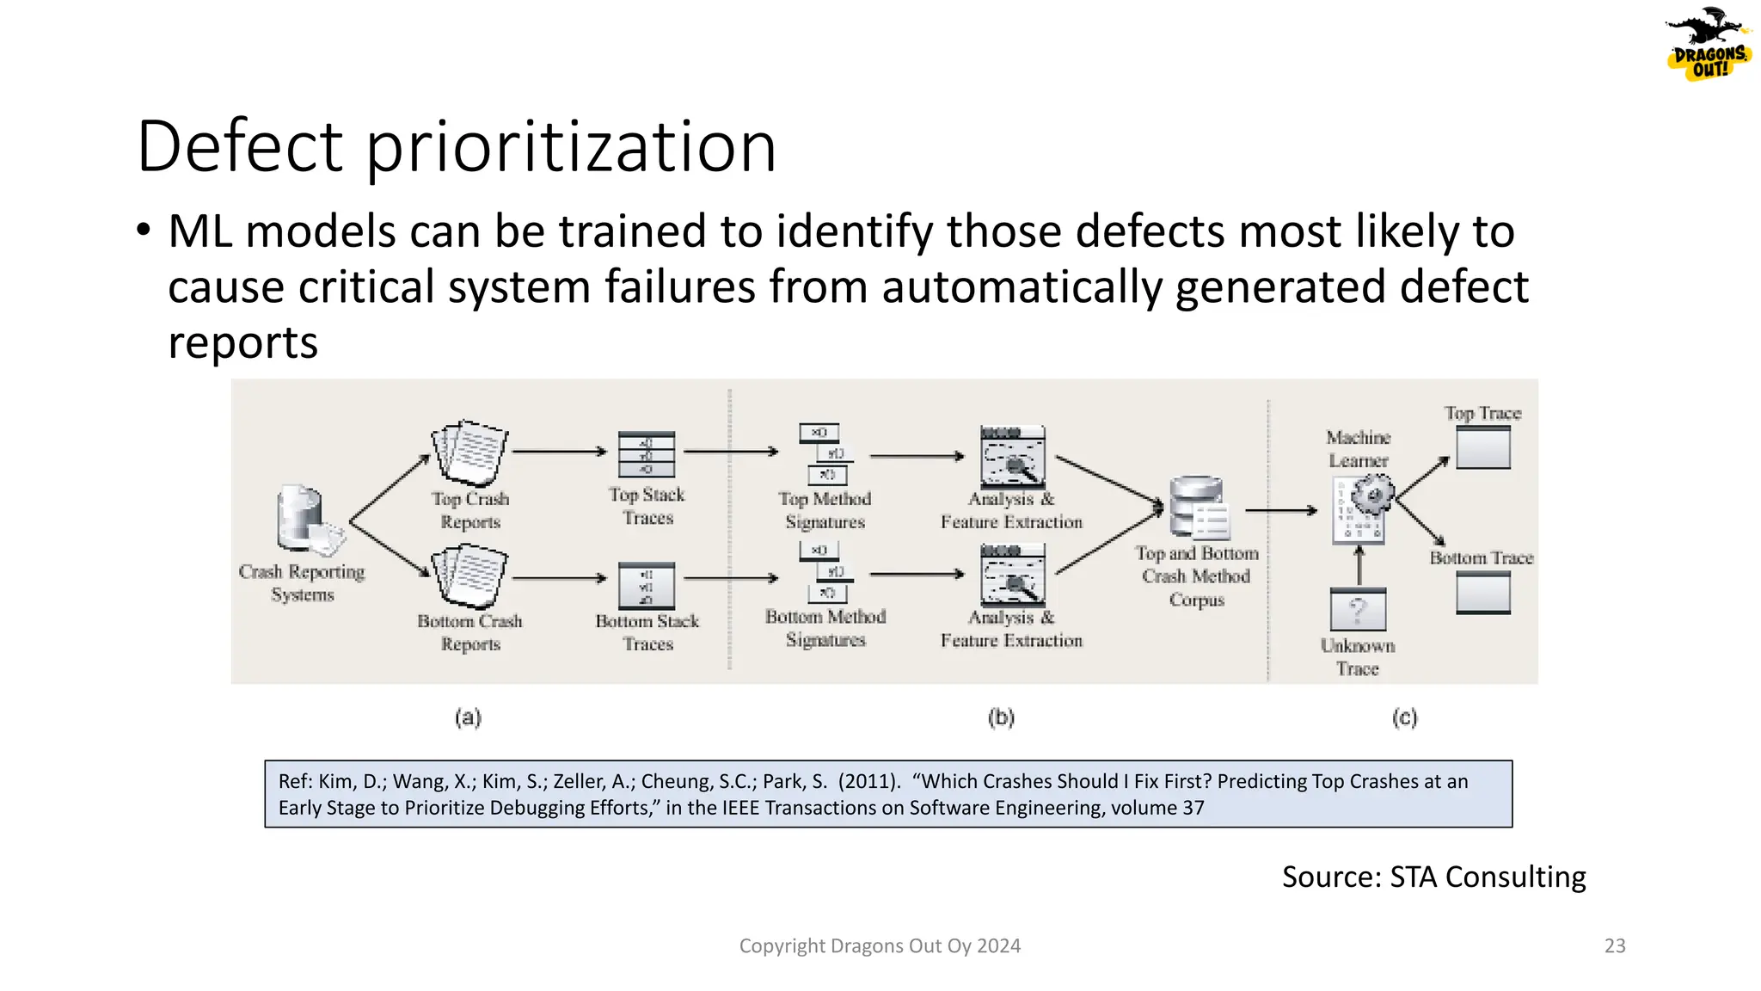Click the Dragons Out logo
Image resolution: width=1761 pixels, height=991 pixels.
[x=1709, y=45]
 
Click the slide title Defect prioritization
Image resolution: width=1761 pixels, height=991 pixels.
[x=457, y=146]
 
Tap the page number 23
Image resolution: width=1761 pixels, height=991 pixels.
[x=1615, y=946]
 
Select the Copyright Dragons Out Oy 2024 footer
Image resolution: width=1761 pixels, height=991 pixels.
[x=880, y=946]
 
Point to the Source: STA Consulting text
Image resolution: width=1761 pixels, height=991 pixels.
[x=1433, y=877]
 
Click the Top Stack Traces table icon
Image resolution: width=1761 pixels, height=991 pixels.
[x=647, y=454]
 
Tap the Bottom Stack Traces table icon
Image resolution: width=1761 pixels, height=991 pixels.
[x=647, y=585]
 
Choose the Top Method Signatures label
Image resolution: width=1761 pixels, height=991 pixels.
[x=825, y=510]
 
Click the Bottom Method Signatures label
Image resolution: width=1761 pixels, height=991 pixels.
[x=825, y=628]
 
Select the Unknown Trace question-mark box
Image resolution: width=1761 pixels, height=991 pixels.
[x=1358, y=611]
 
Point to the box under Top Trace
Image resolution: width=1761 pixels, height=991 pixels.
[x=1483, y=447]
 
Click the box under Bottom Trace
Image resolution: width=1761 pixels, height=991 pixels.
[x=1483, y=593]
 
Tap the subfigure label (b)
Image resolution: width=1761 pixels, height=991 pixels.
[x=1001, y=717]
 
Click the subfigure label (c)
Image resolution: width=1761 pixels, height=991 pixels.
[x=1404, y=717]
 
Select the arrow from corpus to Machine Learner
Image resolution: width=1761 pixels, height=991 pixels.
[x=1281, y=511]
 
